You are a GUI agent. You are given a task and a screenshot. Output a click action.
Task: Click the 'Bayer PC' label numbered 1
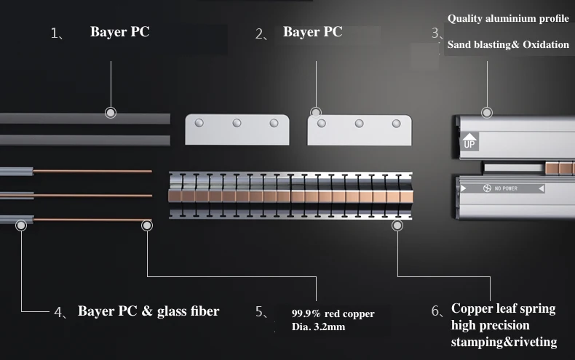tap(119, 32)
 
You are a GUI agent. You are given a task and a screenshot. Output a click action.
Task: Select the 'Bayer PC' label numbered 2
tap(312, 32)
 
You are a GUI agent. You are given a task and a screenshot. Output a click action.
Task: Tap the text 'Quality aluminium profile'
tap(508, 18)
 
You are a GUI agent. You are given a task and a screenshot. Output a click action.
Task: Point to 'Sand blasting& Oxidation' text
tap(508, 44)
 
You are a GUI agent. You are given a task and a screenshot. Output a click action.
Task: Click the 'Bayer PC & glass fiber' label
tap(148, 311)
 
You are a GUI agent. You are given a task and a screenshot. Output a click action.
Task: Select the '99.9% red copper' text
tap(333, 313)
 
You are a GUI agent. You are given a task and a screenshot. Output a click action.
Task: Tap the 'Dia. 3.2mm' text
tap(318, 327)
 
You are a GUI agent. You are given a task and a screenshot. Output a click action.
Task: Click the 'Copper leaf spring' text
tap(503, 308)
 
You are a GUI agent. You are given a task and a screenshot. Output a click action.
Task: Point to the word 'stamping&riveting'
tap(504, 342)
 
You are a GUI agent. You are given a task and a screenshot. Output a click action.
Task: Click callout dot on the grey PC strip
tap(111, 113)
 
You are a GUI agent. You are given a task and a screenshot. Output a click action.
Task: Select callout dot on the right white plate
tap(315, 113)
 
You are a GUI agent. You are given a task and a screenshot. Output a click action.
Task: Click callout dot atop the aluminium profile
tap(486, 113)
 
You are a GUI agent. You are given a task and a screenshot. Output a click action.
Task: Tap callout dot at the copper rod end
tap(147, 225)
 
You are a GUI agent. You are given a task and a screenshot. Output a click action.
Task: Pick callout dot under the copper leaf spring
tap(397, 225)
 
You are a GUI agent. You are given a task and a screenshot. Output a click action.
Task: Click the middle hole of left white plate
tap(237, 123)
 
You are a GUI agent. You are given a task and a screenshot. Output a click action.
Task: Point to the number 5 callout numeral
tap(260, 311)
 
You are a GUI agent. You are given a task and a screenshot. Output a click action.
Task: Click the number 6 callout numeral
tap(436, 311)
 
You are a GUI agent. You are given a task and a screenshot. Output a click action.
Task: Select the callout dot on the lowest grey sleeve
tap(22, 225)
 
